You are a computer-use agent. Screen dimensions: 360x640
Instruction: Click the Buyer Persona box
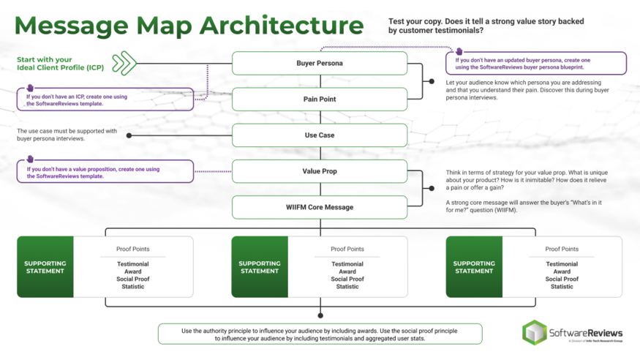(320, 64)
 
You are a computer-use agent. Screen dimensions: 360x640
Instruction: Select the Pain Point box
(320, 100)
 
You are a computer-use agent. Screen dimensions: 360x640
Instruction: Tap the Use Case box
(320, 135)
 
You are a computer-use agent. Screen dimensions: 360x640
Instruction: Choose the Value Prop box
(320, 171)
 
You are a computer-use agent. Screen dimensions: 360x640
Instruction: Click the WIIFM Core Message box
(320, 207)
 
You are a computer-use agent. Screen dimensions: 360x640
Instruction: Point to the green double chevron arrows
(124, 63)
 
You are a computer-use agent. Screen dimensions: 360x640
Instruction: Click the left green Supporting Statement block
(45, 267)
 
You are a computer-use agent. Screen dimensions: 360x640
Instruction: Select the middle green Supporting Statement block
(260, 267)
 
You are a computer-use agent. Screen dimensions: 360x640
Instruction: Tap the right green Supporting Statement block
(474, 267)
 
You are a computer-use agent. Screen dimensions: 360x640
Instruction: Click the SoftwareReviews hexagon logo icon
(534, 333)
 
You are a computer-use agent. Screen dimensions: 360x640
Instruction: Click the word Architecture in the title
(282, 26)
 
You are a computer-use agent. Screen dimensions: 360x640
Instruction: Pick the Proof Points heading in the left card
(132, 250)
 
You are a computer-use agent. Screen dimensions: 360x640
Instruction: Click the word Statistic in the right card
(562, 287)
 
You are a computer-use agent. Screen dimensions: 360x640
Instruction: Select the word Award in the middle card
(347, 271)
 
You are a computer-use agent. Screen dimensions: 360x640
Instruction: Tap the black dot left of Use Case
(129, 135)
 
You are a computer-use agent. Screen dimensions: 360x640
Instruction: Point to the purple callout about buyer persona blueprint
(536, 64)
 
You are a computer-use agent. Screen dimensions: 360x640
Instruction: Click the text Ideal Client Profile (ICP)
(60, 68)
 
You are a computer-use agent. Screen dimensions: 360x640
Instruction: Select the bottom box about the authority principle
(320, 334)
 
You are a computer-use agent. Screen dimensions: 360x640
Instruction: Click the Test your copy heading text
(486, 26)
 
